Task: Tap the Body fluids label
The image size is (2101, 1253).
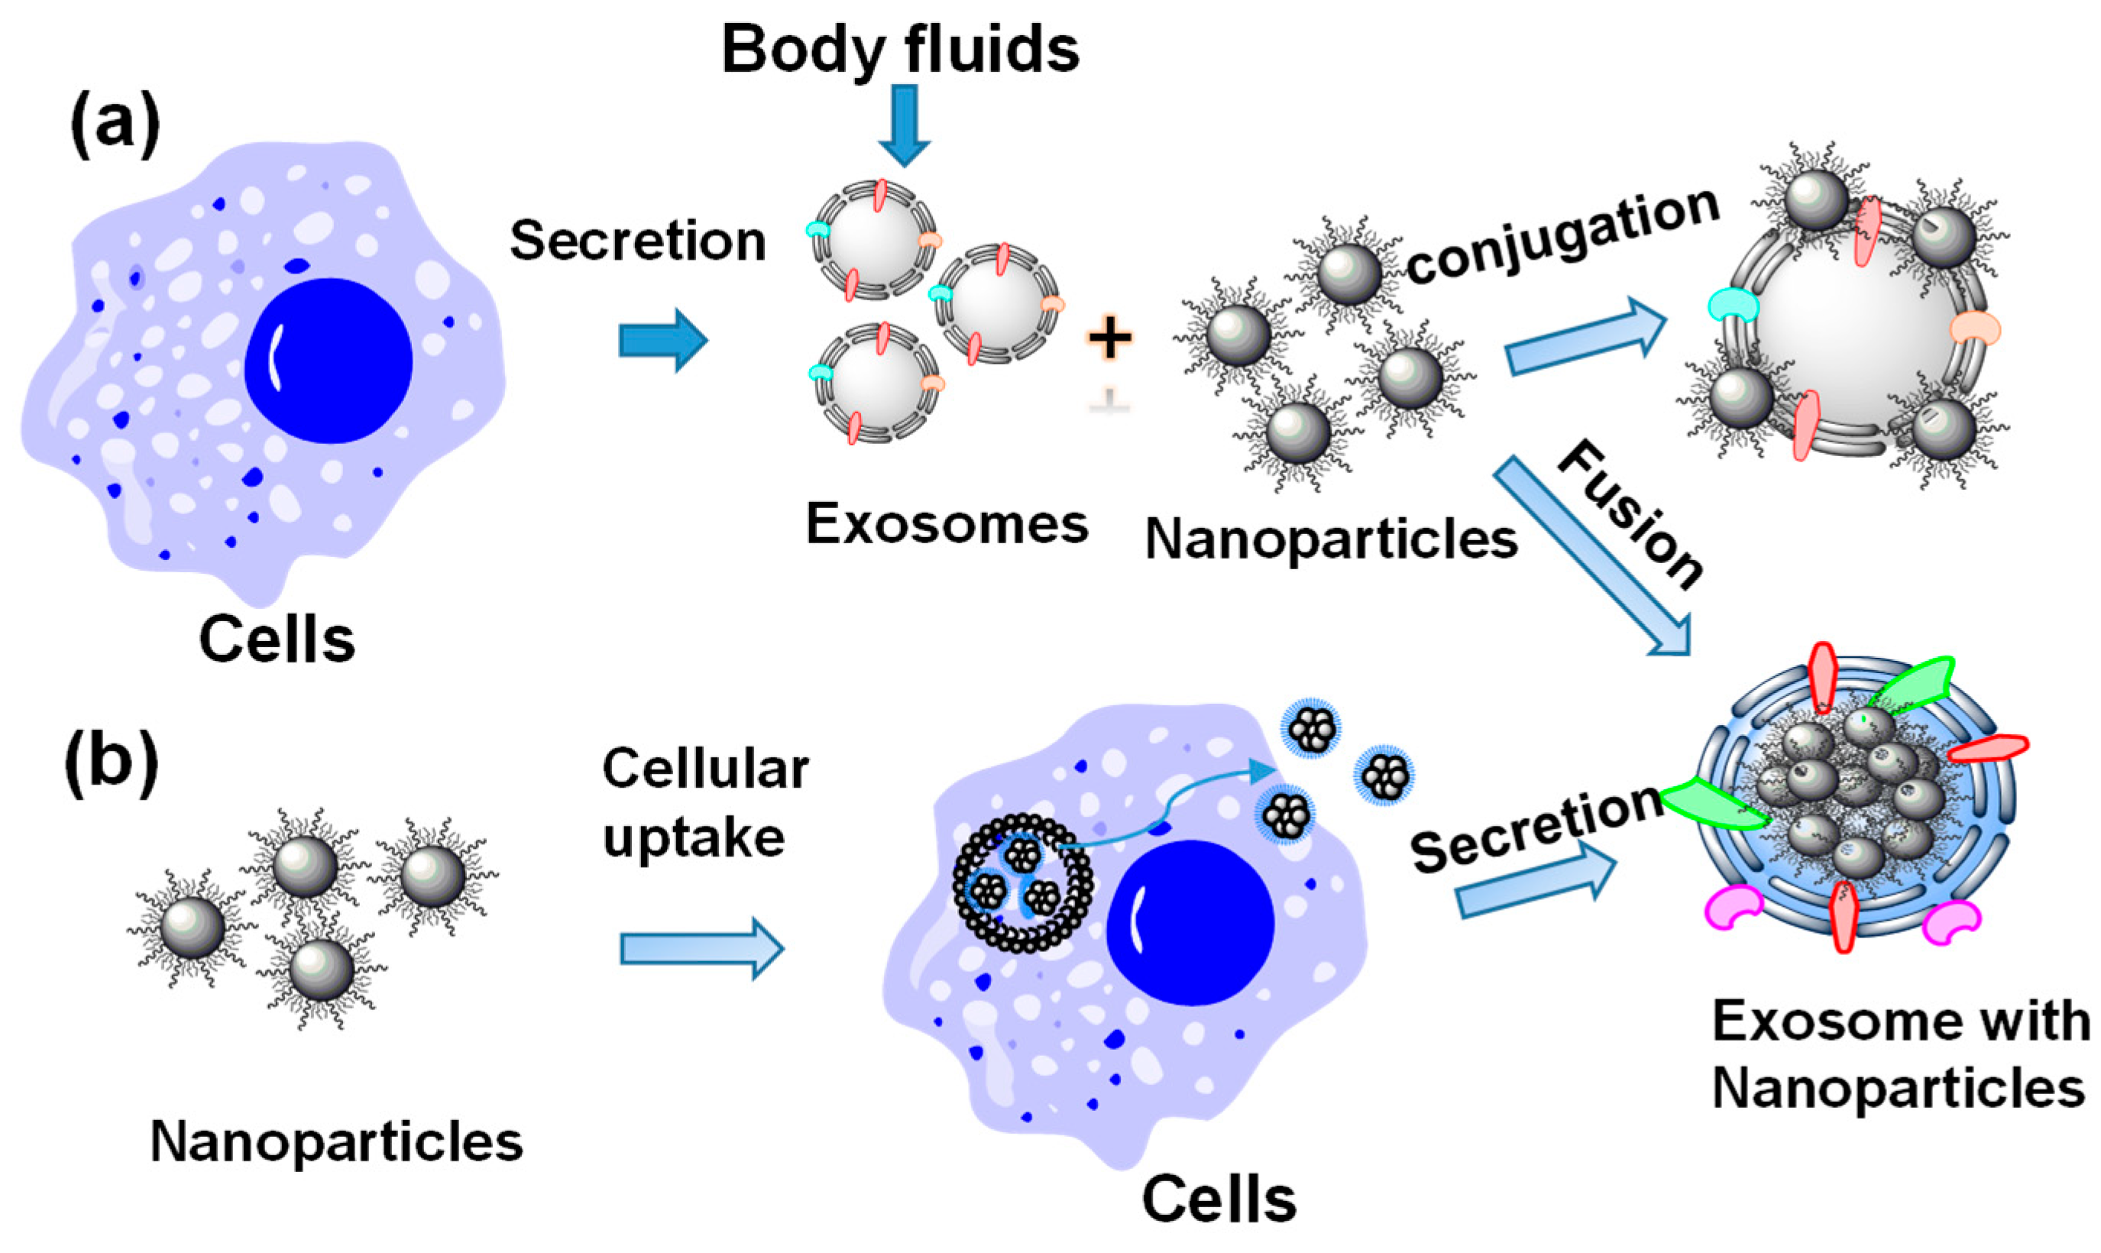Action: point(900,49)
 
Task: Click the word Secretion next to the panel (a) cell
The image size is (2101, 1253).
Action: point(637,241)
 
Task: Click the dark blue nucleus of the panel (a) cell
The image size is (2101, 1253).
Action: point(329,361)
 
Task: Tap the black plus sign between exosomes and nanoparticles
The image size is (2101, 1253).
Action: point(1109,338)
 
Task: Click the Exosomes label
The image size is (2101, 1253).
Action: point(947,524)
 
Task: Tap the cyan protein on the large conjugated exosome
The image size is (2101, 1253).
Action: point(1732,306)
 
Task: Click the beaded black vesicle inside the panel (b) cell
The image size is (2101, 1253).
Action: point(1022,882)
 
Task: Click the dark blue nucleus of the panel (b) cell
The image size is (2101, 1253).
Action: point(1190,923)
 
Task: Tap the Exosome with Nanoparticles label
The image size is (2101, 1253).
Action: point(1899,1055)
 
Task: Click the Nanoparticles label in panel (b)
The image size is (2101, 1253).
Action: point(336,1142)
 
